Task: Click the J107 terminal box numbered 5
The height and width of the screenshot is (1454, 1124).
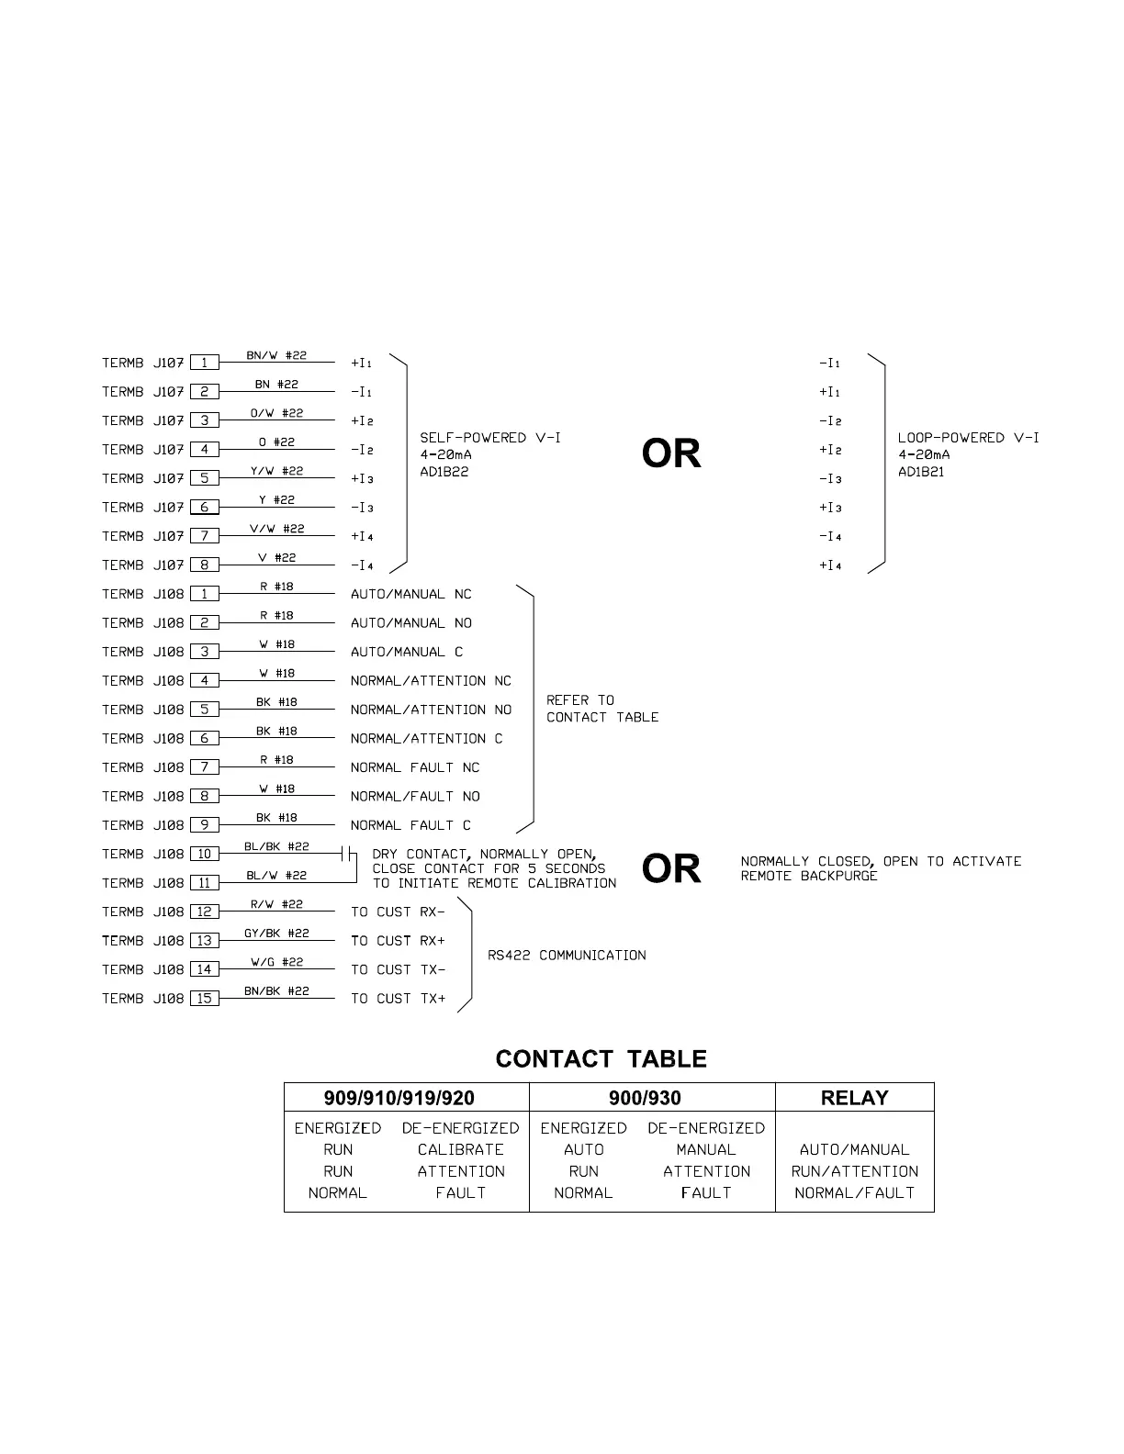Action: (204, 478)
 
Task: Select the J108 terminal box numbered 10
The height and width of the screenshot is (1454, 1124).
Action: (204, 854)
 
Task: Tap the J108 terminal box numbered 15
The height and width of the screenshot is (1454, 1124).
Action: (204, 998)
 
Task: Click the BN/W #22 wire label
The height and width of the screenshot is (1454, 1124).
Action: (276, 355)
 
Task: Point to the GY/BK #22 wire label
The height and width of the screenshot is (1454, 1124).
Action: (276, 933)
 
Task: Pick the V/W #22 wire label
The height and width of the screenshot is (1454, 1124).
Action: (276, 529)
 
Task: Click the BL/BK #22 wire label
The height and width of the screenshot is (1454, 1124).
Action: (276, 846)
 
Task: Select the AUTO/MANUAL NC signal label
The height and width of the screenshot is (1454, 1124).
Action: (410, 594)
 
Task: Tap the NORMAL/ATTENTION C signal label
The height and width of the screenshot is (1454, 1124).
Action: (426, 738)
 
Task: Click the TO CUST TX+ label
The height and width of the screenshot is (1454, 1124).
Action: (398, 998)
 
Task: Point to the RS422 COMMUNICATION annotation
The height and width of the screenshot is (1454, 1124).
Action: (567, 956)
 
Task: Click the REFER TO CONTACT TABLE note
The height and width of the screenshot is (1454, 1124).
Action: (602, 709)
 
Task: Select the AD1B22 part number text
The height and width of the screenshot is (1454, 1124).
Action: (444, 472)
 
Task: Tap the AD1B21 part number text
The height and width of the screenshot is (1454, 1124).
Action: (921, 472)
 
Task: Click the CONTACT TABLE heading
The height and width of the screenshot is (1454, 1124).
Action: (601, 1059)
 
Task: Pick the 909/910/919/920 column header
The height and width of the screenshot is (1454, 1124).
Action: (399, 1098)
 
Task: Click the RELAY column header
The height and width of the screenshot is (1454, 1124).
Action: (854, 1098)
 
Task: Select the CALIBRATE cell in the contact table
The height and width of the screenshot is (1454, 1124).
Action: (461, 1149)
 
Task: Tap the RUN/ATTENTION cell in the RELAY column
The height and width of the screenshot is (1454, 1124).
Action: (854, 1171)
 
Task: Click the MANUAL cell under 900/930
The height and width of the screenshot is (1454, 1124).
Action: (706, 1149)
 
